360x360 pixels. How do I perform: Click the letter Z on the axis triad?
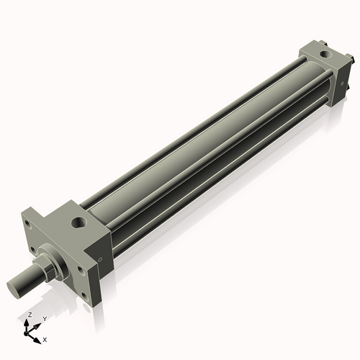click(x=30, y=315)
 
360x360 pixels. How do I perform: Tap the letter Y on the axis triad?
click(x=45, y=319)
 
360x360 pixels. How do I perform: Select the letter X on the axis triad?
click(x=45, y=340)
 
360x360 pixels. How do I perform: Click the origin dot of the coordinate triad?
click(x=26, y=333)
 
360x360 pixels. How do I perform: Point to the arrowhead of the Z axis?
click(x=27, y=322)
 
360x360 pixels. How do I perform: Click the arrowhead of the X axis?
click(x=37, y=341)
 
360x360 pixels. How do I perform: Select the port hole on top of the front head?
click(x=78, y=222)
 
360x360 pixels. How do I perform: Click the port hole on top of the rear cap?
click(x=325, y=54)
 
